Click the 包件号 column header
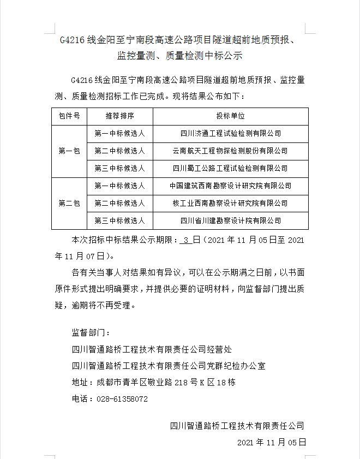pyautogui.click(x=69, y=116)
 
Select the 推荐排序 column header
pyautogui.click(x=119, y=116)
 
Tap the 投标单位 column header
pyautogui.click(x=230, y=116)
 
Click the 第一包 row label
pyautogui.click(x=69, y=151)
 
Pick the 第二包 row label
pyautogui.click(x=69, y=204)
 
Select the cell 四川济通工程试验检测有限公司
pyautogui.click(x=230, y=133)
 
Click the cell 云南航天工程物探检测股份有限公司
pyautogui.click(x=230, y=151)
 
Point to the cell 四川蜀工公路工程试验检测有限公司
pyautogui.click(x=230, y=168)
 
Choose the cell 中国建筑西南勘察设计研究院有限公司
pyautogui.click(x=230, y=186)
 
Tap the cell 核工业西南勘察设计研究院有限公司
pyautogui.click(x=230, y=204)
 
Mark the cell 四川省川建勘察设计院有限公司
pyautogui.click(x=230, y=221)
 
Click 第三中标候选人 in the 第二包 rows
pyautogui.click(x=119, y=221)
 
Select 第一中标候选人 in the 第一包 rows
pyautogui.click(x=119, y=133)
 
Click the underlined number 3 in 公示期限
pyautogui.click(x=187, y=240)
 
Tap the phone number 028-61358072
pyautogui.click(x=122, y=399)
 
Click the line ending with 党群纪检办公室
pyautogui.click(x=169, y=365)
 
